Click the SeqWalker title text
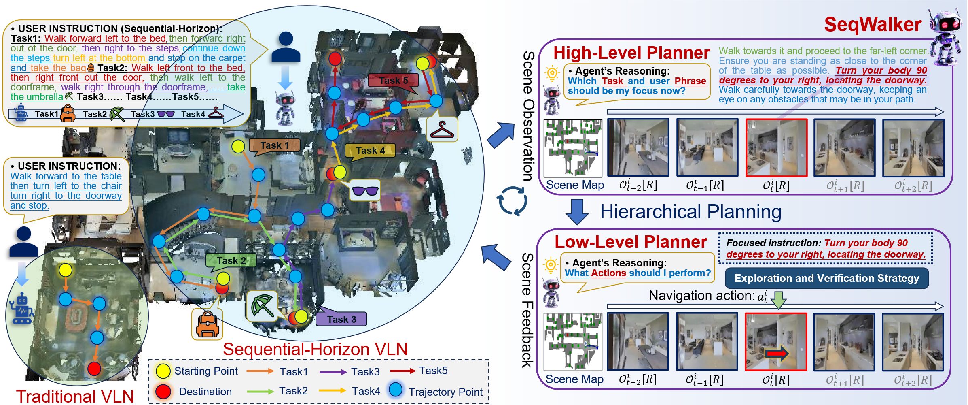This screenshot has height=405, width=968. pos(873,24)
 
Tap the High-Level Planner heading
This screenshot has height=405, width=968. pos(631,53)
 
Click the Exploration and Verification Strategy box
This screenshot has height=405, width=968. pos(826,278)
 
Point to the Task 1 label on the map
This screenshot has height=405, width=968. pos(275,145)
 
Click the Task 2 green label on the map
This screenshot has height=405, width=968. pos(231,260)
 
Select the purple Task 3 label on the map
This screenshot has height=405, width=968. pos(341,319)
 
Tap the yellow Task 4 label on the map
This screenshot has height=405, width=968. pos(370,151)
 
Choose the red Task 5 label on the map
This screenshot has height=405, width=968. pos(393,81)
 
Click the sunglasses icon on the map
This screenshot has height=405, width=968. pos(365,190)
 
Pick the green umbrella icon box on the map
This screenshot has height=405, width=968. pos(262,306)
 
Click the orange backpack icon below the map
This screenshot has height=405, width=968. pos(207,324)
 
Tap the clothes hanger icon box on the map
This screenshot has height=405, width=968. pos(442,130)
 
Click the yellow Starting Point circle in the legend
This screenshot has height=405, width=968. pos(163,371)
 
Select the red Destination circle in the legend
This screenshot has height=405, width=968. pos(163,392)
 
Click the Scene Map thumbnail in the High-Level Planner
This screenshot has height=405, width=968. pos(573,148)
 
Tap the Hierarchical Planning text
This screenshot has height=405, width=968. pos(691,211)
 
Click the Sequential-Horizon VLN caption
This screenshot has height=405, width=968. pos(315,349)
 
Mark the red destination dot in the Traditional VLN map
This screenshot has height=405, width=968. pos(94,369)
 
